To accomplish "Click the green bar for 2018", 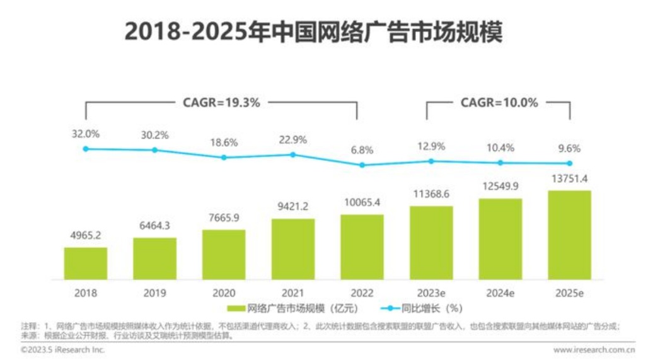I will click(x=85, y=263).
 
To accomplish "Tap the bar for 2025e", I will click(x=569, y=235).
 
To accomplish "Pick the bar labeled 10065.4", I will click(x=362, y=247).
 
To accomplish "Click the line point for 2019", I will click(x=154, y=150).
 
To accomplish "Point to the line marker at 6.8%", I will click(x=362, y=165).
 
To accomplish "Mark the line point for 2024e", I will click(x=500, y=162).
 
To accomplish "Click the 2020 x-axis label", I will click(x=224, y=293).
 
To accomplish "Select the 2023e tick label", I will click(x=431, y=293).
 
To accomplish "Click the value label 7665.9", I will click(x=224, y=219).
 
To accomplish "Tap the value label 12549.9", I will click(x=500, y=187).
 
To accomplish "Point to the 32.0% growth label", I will click(x=86, y=134).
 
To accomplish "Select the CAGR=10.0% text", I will click(x=499, y=102).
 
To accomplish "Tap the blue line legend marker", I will click(x=389, y=309).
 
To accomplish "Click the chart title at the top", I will click(x=313, y=32).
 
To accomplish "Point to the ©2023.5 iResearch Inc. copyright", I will click(x=63, y=349).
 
